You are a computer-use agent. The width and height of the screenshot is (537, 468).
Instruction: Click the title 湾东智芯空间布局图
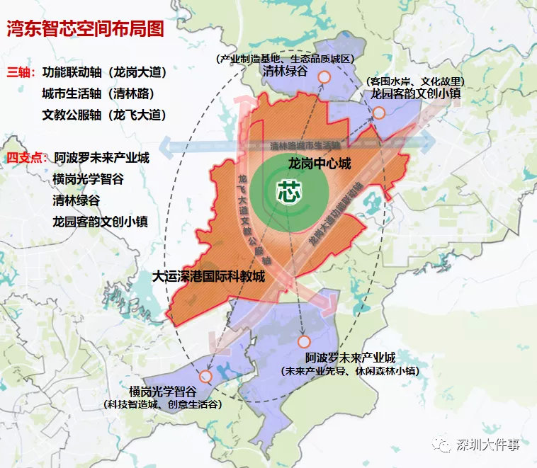[x=85, y=29]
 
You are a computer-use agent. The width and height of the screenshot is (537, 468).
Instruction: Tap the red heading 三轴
[x=21, y=72]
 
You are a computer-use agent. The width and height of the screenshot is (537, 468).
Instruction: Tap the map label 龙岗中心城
[x=320, y=164]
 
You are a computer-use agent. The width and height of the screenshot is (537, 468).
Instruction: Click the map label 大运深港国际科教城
[x=208, y=276]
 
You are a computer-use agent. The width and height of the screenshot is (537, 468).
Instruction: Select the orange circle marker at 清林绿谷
[x=324, y=78]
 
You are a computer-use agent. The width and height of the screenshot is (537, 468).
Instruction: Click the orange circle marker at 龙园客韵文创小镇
[x=379, y=113]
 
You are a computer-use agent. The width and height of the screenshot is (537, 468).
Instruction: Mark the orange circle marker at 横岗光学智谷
[x=205, y=377]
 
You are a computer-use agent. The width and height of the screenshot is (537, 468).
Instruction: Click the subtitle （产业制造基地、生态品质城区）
[x=285, y=59]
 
